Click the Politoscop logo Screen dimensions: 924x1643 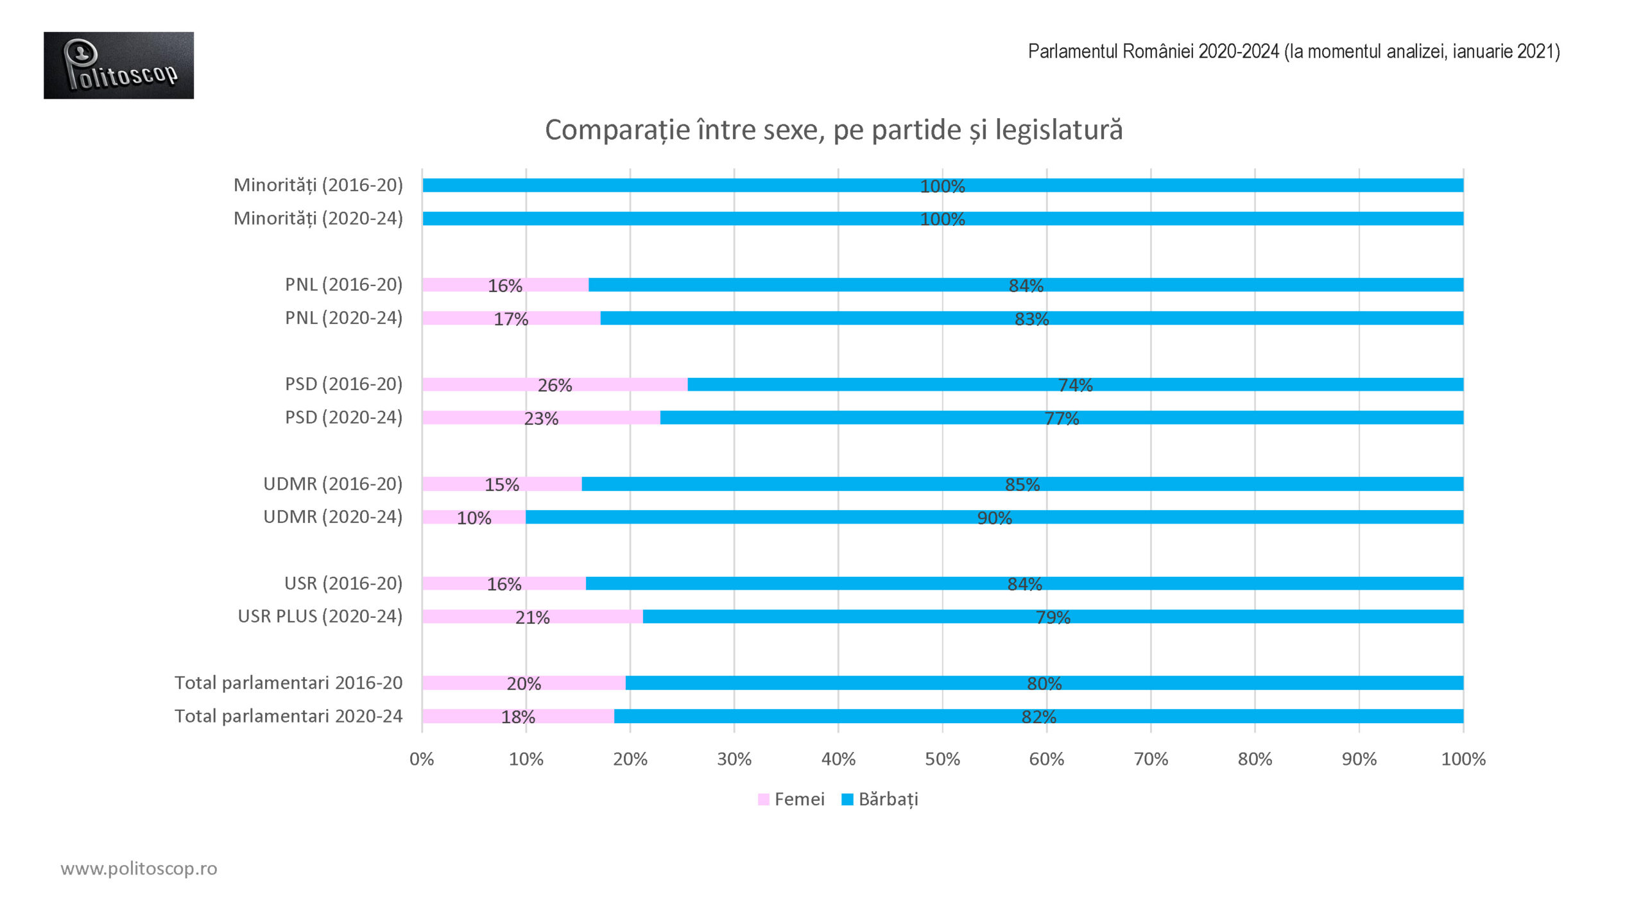pos(119,65)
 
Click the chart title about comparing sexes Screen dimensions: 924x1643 pos(833,130)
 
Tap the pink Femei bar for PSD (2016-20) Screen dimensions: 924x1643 pos(488,384)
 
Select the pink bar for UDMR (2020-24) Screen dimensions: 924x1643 pos(443,517)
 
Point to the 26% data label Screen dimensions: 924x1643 pos(555,385)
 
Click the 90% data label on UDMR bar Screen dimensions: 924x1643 pos(994,518)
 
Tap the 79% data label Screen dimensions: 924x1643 pos(1053,617)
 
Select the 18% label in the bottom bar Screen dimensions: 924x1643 pos(518,717)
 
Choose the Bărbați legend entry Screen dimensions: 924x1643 pos(881,800)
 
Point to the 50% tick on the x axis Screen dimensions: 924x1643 pos(942,759)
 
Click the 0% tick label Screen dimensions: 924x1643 pos(422,759)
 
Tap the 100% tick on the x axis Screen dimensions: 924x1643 pos(1463,759)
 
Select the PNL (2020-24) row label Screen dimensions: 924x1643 pos(343,318)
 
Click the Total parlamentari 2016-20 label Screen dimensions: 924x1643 pos(288,683)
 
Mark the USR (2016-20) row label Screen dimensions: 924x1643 pos(343,583)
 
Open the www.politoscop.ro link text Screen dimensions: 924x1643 pos(139,868)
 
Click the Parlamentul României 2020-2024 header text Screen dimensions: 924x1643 pos(1293,51)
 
